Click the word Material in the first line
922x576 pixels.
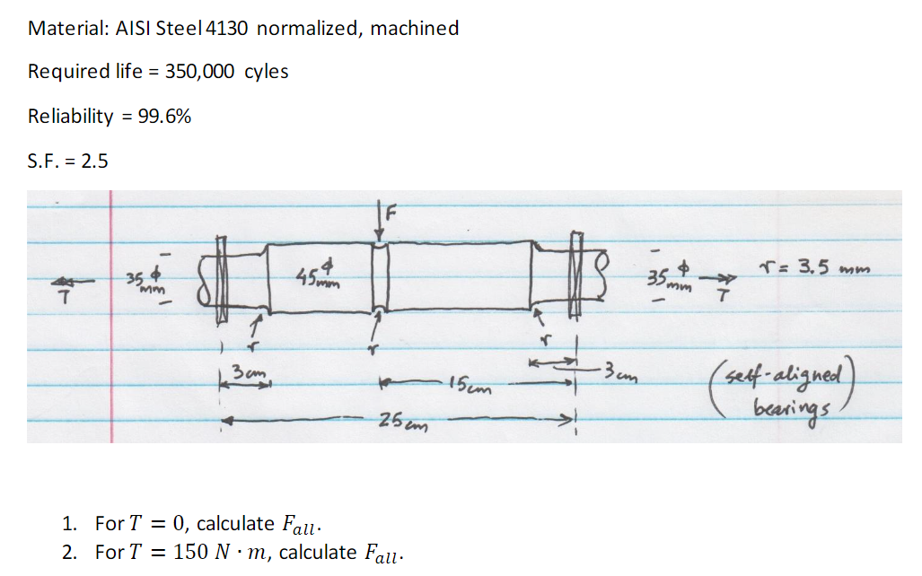point(65,28)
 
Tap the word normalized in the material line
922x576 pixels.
point(308,28)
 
